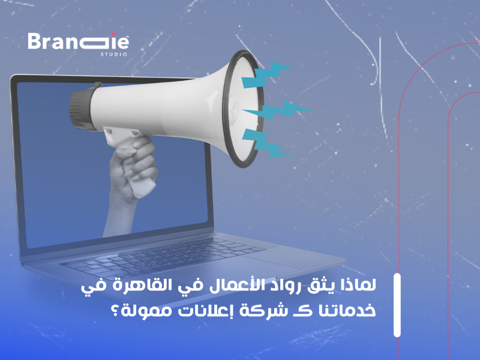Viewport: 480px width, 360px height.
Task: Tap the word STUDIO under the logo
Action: point(113,55)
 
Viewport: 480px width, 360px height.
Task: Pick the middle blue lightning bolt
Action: point(279,111)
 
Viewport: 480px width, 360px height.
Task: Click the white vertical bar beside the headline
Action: point(397,305)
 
